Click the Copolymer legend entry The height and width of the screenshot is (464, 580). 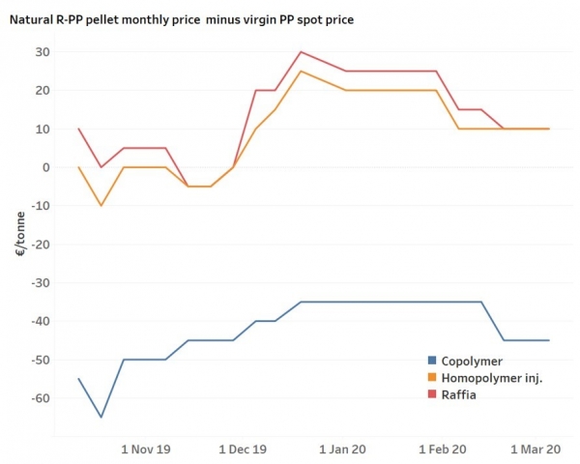click(x=475, y=362)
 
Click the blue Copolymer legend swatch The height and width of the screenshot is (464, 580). click(x=432, y=362)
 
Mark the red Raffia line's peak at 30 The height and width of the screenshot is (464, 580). click(x=302, y=52)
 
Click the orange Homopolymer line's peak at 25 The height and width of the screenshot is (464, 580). click(x=302, y=72)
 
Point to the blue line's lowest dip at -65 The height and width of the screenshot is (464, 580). click(x=101, y=417)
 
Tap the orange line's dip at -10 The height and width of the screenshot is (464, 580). click(x=101, y=205)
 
